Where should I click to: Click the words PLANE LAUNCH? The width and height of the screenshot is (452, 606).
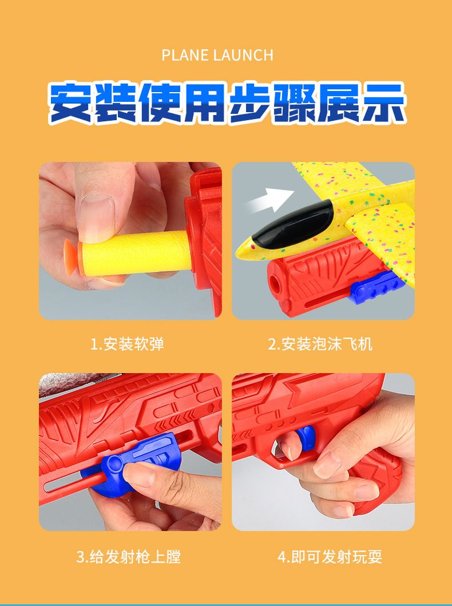pyautogui.click(x=217, y=56)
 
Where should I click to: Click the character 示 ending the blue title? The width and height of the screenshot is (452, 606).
pyautogui.click(x=384, y=103)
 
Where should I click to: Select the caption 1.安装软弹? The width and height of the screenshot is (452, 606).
pyautogui.click(x=127, y=344)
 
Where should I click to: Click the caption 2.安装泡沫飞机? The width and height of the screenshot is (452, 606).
pyautogui.click(x=320, y=344)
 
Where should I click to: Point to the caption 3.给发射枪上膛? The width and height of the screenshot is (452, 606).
pyautogui.click(x=129, y=557)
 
